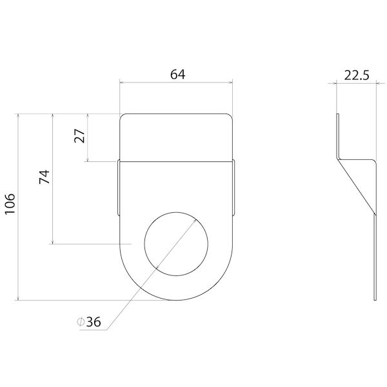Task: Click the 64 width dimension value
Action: [x=177, y=74]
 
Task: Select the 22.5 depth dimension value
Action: [x=356, y=75]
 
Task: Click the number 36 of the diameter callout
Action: [x=93, y=322]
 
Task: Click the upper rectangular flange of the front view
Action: [x=176, y=137]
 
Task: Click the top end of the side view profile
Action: [x=337, y=115]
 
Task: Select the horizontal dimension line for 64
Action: [x=176, y=82]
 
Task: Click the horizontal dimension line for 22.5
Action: [x=356, y=83]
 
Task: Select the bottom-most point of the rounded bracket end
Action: [x=176, y=300]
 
